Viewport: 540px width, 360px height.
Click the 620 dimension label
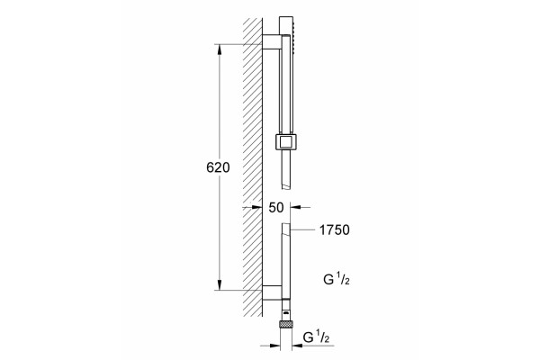pos(218,167)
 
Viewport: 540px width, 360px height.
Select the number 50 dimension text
pos(276,207)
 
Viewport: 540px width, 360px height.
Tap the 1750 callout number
pos(335,229)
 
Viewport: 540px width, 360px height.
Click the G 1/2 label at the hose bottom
pos(316,337)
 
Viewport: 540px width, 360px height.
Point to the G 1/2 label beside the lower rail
pos(337,279)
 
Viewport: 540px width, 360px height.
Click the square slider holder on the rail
pos(285,141)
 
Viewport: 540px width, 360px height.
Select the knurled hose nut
pos(285,324)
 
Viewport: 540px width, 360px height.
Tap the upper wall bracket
pos(272,41)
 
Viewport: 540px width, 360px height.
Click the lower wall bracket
pos(272,292)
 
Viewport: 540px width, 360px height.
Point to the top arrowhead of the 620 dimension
pos(219,49)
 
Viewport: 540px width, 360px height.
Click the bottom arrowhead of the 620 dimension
pos(219,284)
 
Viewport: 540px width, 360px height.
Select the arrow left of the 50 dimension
pos(252,207)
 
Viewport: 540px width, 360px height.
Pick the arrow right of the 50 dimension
pos(301,207)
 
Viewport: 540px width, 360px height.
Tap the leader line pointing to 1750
pos(302,229)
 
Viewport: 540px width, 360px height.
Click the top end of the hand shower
pos(286,16)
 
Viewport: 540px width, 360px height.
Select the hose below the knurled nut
pos(285,339)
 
